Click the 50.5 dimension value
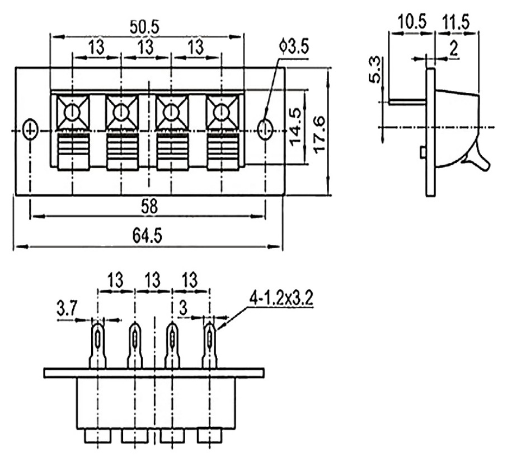click(x=144, y=27)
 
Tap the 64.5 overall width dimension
click(x=147, y=235)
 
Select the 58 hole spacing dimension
click(x=149, y=206)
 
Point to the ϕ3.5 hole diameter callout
click(x=294, y=47)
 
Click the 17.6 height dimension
click(x=320, y=134)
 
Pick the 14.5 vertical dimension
click(x=295, y=127)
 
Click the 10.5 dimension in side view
click(x=412, y=22)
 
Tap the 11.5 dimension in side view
click(x=455, y=22)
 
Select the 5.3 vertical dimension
click(x=374, y=69)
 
